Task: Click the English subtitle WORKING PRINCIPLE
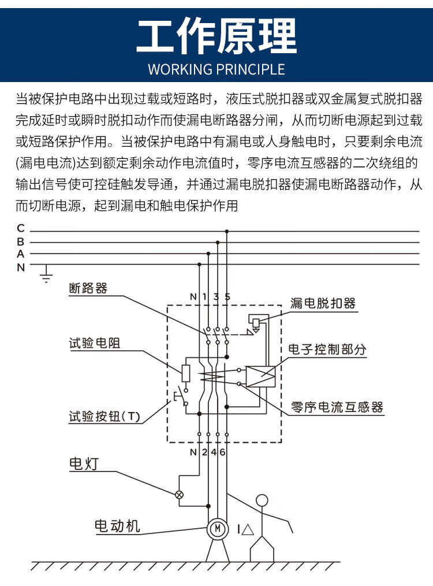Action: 216,69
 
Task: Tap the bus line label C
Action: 21,229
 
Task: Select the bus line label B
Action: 21,242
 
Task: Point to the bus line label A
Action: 21,254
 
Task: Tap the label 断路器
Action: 88,288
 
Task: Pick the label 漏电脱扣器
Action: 323,303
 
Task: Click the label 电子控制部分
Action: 327,350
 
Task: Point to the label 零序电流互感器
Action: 337,407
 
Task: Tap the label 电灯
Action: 80,463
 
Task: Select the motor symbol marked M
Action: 217,528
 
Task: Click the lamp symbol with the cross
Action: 179,494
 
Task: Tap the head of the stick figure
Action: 263,501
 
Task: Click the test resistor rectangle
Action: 186,373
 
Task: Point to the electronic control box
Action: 260,376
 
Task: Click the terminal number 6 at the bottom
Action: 222,452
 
